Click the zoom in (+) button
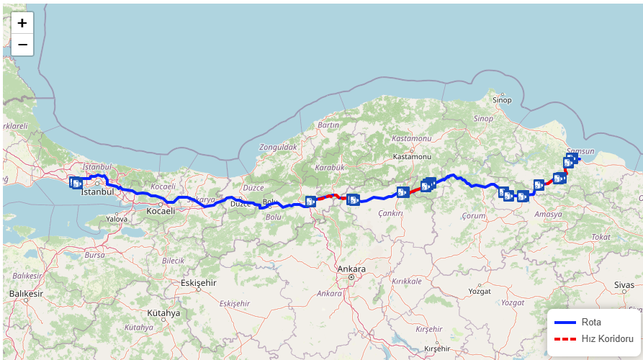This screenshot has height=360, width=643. (x=22, y=23)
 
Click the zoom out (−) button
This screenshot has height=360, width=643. (x=22, y=45)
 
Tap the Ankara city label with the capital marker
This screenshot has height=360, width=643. (x=351, y=269)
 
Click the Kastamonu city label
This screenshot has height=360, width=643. (x=412, y=156)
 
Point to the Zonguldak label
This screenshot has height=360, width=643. (x=278, y=147)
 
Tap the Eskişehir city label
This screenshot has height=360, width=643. (x=198, y=283)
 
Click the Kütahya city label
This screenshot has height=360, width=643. (x=163, y=313)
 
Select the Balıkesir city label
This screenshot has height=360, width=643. (x=27, y=294)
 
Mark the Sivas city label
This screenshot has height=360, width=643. (x=624, y=285)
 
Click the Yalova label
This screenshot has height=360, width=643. (x=117, y=218)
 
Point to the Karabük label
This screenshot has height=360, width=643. (x=331, y=167)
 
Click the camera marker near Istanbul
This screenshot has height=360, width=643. (x=76, y=183)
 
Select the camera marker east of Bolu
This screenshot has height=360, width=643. (x=311, y=202)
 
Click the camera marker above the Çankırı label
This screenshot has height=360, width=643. (x=403, y=192)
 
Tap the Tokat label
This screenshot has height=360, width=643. (x=600, y=237)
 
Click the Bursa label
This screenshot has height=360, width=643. (x=94, y=255)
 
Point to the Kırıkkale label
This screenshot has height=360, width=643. (x=408, y=282)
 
